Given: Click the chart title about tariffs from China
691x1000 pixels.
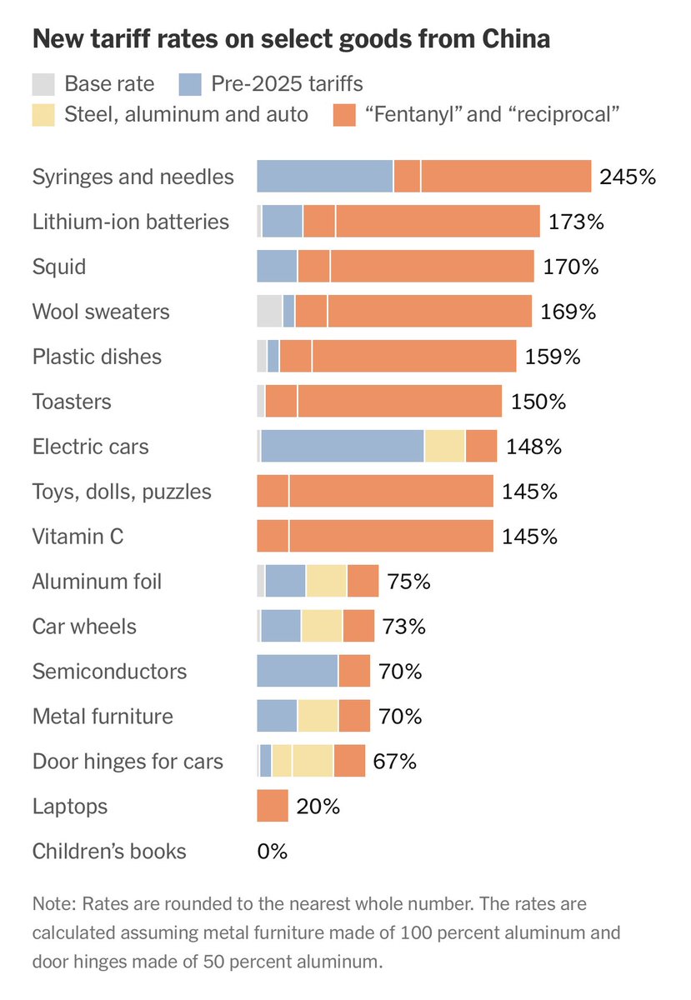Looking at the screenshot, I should coord(291,39).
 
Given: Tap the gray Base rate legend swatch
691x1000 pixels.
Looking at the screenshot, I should coord(43,83).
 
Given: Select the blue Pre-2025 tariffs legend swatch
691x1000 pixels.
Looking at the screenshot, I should coord(190,83).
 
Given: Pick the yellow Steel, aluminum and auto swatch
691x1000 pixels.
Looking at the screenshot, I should coord(43,114).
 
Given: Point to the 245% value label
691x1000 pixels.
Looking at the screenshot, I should coord(628,177).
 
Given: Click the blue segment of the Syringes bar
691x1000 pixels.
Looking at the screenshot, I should coord(324,177).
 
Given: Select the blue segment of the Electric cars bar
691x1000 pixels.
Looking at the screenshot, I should coord(343,446).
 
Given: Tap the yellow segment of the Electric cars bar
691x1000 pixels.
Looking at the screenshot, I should coord(444,446).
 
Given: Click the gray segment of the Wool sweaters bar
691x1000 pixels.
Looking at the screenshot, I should coord(269,312).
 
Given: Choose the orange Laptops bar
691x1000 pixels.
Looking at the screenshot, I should coord(273,806).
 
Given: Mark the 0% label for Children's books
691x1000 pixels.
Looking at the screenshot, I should coord(272,851).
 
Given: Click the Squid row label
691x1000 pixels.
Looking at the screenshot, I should coord(59,267).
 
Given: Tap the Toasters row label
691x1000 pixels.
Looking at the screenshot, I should coord(72,402).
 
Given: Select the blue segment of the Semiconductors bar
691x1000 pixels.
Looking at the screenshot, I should coord(297,671).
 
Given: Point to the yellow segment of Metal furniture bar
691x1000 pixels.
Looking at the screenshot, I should coord(318,716).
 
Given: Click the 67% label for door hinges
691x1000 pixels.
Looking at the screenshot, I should coord(395,761).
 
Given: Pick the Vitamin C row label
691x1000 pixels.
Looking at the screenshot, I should coord(78,536).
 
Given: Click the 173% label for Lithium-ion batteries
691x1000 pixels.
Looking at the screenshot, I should coord(576,222).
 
